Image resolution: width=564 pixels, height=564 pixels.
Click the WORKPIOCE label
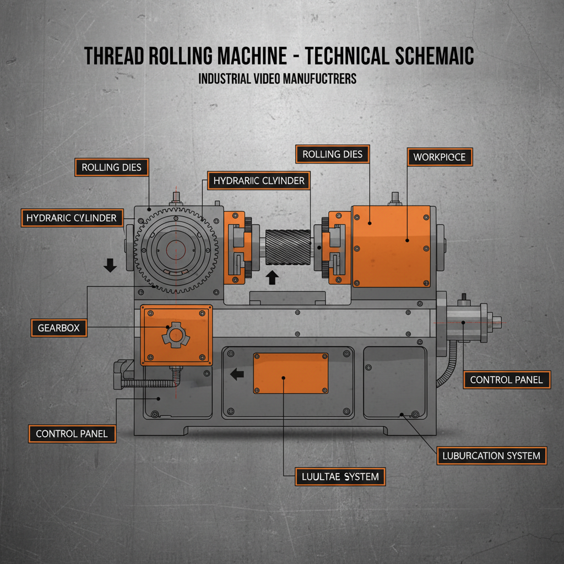(x=439, y=157)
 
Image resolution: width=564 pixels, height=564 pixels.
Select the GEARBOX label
(x=58, y=328)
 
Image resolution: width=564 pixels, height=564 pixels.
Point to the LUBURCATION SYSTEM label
(x=492, y=456)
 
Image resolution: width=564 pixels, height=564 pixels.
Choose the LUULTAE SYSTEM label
(x=340, y=476)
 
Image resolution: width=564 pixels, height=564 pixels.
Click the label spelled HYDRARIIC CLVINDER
(x=258, y=181)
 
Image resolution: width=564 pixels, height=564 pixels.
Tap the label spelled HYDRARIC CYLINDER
(x=72, y=218)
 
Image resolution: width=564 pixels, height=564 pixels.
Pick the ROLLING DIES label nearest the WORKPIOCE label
(x=332, y=154)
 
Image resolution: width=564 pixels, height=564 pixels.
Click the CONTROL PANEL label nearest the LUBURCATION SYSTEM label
(x=506, y=379)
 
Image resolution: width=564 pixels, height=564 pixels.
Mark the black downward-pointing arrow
(x=110, y=266)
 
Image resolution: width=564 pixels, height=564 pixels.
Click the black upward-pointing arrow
(x=271, y=277)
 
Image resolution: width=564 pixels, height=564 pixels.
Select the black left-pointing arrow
(x=236, y=375)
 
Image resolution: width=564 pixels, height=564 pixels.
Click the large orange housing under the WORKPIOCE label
(x=391, y=246)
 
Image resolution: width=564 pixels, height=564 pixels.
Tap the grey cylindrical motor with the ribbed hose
(x=465, y=323)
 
